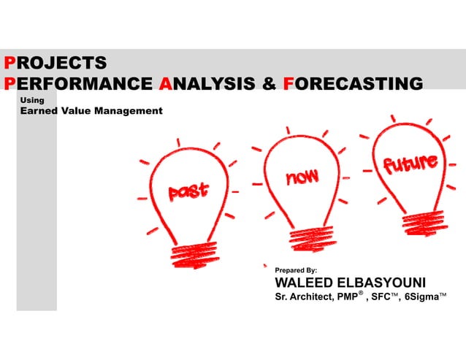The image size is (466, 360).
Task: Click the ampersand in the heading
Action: click(x=269, y=83)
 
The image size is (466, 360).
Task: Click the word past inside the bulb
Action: click(x=188, y=191)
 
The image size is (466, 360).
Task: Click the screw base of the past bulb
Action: click(x=194, y=254)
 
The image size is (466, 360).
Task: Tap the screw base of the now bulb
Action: click(x=313, y=237)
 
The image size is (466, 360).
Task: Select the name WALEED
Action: click(x=304, y=283)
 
